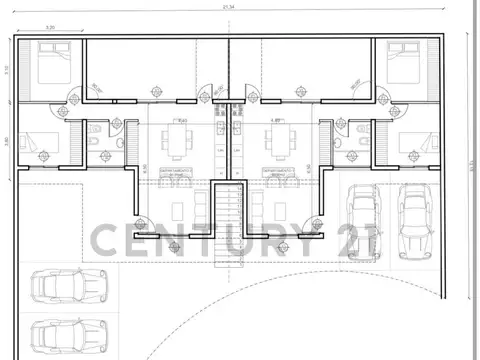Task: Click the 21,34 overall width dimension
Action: click(x=229, y=7)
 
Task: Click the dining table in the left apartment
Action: click(x=183, y=139)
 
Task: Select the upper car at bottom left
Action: click(x=56, y=287)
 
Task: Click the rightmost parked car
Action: click(x=413, y=222)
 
